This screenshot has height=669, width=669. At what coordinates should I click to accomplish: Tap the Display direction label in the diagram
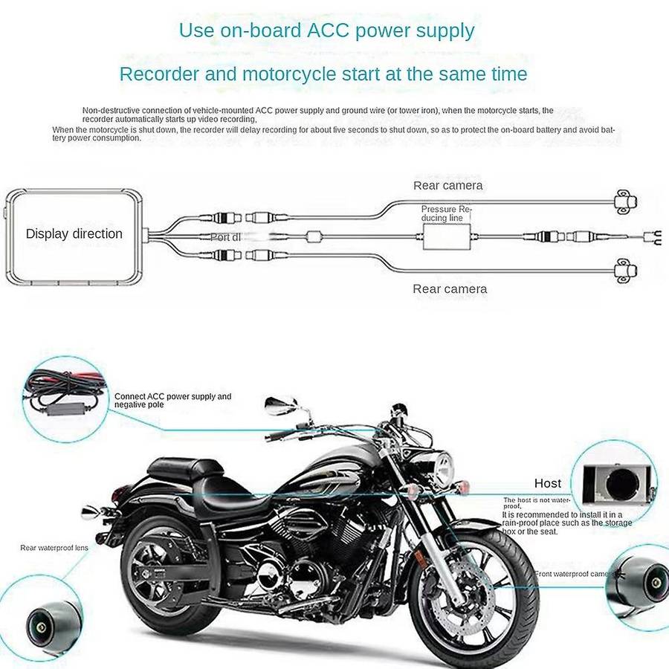(x=74, y=233)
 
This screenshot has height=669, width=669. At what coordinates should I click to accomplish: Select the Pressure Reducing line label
(x=446, y=214)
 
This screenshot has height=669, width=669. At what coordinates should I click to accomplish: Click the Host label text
(x=548, y=484)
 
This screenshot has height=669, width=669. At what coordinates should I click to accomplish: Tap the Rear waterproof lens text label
(x=54, y=548)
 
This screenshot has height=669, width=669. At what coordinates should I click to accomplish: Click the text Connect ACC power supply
(x=172, y=397)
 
